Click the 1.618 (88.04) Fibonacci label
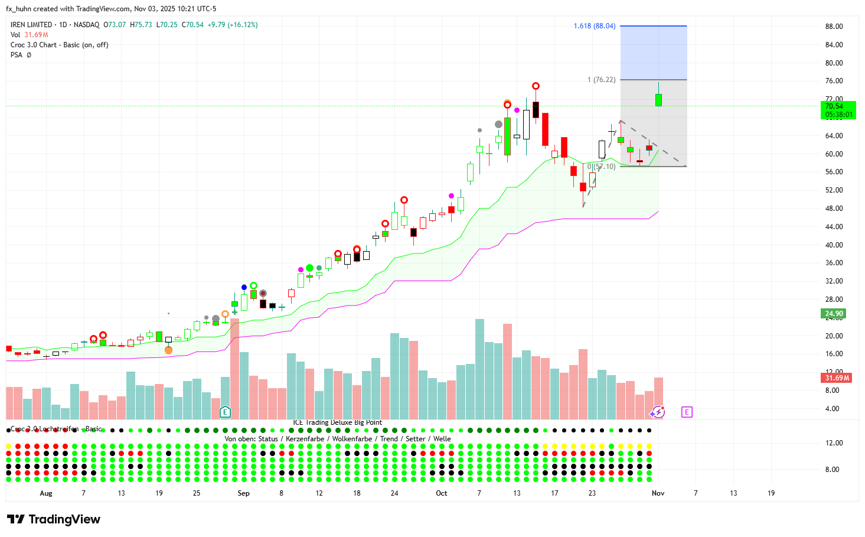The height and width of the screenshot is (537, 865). (x=594, y=26)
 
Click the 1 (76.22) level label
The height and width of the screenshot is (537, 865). (x=601, y=80)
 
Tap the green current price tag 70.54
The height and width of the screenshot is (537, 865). (x=838, y=110)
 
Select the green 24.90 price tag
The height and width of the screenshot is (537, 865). (x=834, y=314)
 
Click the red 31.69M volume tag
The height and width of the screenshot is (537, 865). (x=837, y=378)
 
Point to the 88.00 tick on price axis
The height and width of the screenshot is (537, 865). (x=834, y=27)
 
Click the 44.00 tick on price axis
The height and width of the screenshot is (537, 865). (x=834, y=227)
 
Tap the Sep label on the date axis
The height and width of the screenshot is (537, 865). (x=243, y=493)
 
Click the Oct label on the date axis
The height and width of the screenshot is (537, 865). (x=441, y=493)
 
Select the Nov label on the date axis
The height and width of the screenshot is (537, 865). (x=658, y=493)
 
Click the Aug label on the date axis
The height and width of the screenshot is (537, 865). (x=45, y=493)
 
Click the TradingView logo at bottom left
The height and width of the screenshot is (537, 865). (x=54, y=519)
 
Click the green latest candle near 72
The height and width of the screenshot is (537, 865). (x=658, y=100)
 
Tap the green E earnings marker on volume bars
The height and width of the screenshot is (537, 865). (x=225, y=412)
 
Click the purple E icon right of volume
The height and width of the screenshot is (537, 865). (x=686, y=412)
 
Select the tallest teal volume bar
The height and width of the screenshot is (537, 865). (x=479, y=369)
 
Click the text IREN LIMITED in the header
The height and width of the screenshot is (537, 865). (x=31, y=25)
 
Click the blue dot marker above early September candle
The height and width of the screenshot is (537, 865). (x=244, y=288)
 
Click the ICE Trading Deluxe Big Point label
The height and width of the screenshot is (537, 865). (x=337, y=422)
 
